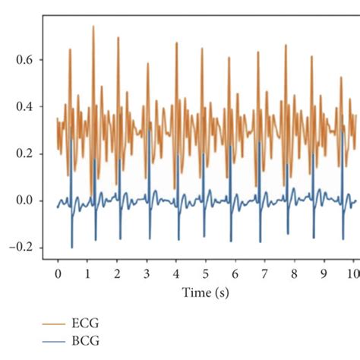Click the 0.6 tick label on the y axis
click(23, 60)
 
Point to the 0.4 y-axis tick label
click(23, 107)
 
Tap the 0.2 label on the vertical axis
click(23, 154)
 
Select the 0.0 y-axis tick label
click(23, 201)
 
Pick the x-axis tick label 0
click(58, 273)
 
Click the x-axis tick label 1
click(87, 273)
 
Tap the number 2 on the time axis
click(117, 273)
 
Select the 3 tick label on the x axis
click(147, 273)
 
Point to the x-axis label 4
click(176, 273)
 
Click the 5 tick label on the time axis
click(205, 273)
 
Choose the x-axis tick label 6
click(235, 273)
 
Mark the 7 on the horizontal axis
click(264, 273)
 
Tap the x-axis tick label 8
click(294, 273)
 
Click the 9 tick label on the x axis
click(324, 273)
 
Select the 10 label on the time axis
click(352, 273)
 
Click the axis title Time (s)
click(205, 292)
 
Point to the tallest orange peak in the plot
click(93, 27)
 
